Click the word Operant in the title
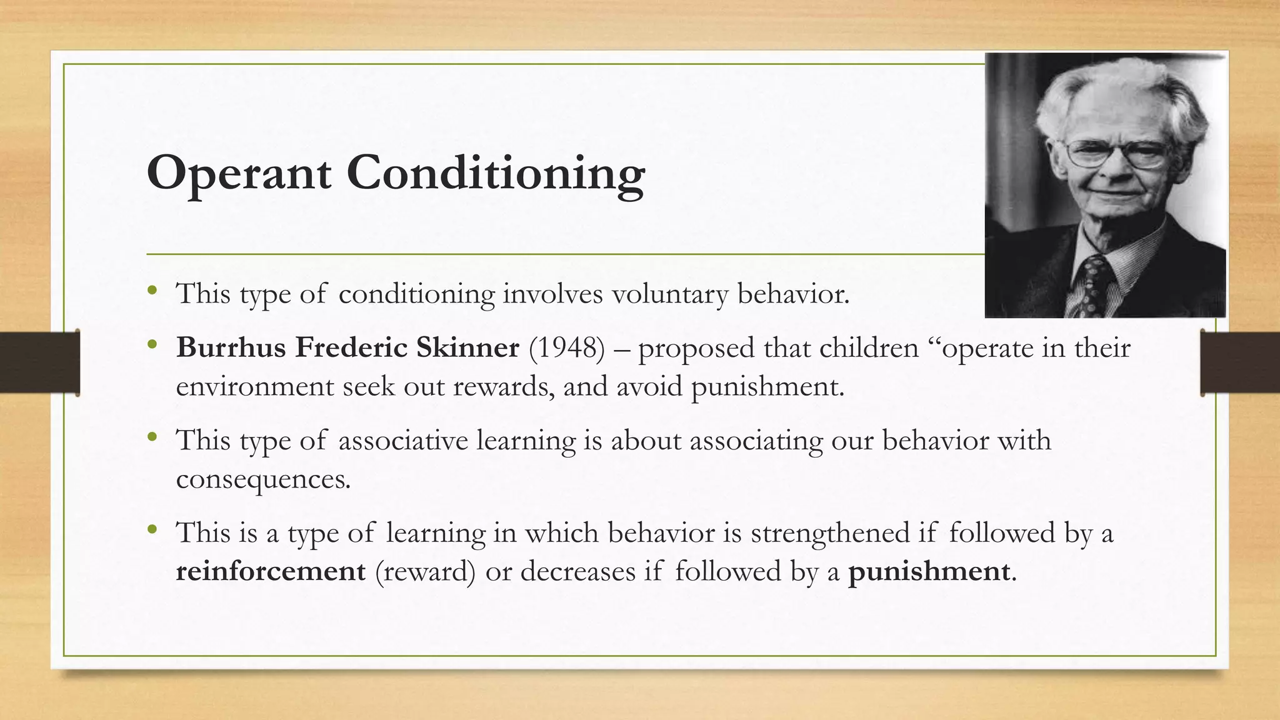239,174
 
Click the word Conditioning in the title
496,174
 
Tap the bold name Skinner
467,347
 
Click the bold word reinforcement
271,571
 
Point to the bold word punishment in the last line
928,571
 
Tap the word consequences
262,480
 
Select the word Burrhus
230,347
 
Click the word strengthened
829,533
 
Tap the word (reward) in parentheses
425,571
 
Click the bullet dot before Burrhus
152,344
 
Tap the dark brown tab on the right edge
1240,362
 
